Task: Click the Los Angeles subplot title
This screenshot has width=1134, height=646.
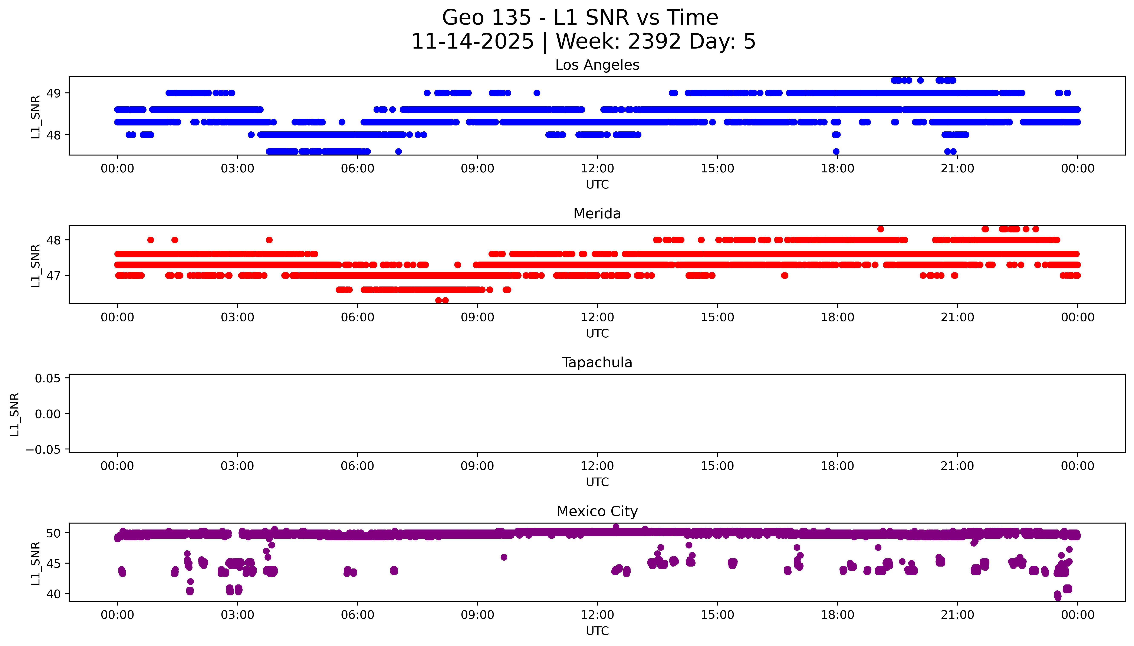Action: [597, 65]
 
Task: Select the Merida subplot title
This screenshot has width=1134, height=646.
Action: [597, 214]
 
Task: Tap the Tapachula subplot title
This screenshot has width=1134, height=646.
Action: [597, 363]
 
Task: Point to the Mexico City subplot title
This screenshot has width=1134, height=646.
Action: [597, 512]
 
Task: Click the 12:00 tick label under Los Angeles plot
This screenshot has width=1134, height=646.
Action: [597, 169]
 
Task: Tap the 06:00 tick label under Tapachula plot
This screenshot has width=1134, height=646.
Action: [357, 466]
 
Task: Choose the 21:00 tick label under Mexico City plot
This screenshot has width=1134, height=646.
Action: [957, 615]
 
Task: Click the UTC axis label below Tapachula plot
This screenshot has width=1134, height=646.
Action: [597, 482]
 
